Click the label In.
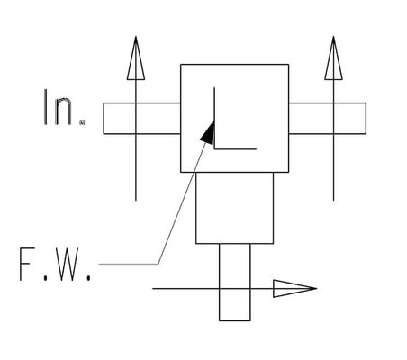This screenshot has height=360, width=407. click(x=59, y=107)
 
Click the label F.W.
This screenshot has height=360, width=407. click(x=55, y=265)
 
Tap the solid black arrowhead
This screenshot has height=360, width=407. click(x=208, y=132)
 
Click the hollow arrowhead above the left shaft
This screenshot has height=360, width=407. click(x=136, y=58)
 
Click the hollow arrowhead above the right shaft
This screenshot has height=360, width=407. click(x=333, y=58)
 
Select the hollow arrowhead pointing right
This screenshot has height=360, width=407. click(x=295, y=289)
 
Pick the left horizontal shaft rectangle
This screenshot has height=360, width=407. click(x=142, y=119)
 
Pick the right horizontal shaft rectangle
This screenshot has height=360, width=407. click(x=327, y=119)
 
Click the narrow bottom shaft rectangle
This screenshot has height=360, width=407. click(x=235, y=283)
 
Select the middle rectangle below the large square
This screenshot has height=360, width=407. click(x=235, y=208)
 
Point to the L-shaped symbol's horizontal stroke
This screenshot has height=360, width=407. click(x=235, y=148)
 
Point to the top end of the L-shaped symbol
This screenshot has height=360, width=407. click(x=214, y=87)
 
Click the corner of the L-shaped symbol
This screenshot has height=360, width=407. click(x=214, y=148)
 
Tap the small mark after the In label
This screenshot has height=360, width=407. click(x=82, y=122)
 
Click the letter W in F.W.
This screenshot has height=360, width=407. click(x=68, y=265)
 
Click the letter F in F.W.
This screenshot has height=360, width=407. click(x=27, y=265)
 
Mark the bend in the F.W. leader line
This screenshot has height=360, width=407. click(x=158, y=264)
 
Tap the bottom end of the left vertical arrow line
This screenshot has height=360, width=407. click(x=136, y=201)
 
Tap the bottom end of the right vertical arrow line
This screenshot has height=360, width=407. click(x=333, y=201)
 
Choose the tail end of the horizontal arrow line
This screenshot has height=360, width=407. click(x=153, y=289)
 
